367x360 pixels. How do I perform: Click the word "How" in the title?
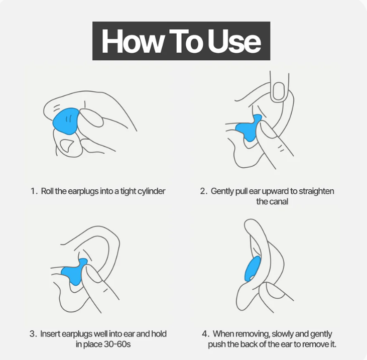point(132,42)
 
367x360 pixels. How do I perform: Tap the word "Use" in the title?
point(234,42)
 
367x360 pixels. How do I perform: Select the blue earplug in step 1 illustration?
point(66,121)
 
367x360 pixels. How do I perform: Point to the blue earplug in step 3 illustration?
point(74,272)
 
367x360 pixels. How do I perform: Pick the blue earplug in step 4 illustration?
point(253,269)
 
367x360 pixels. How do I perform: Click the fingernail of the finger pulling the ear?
point(279,90)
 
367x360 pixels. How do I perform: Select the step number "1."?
point(34,191)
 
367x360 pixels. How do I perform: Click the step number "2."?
point(204,191)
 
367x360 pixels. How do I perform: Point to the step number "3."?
point(33,334)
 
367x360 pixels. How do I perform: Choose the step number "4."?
point(205,334)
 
